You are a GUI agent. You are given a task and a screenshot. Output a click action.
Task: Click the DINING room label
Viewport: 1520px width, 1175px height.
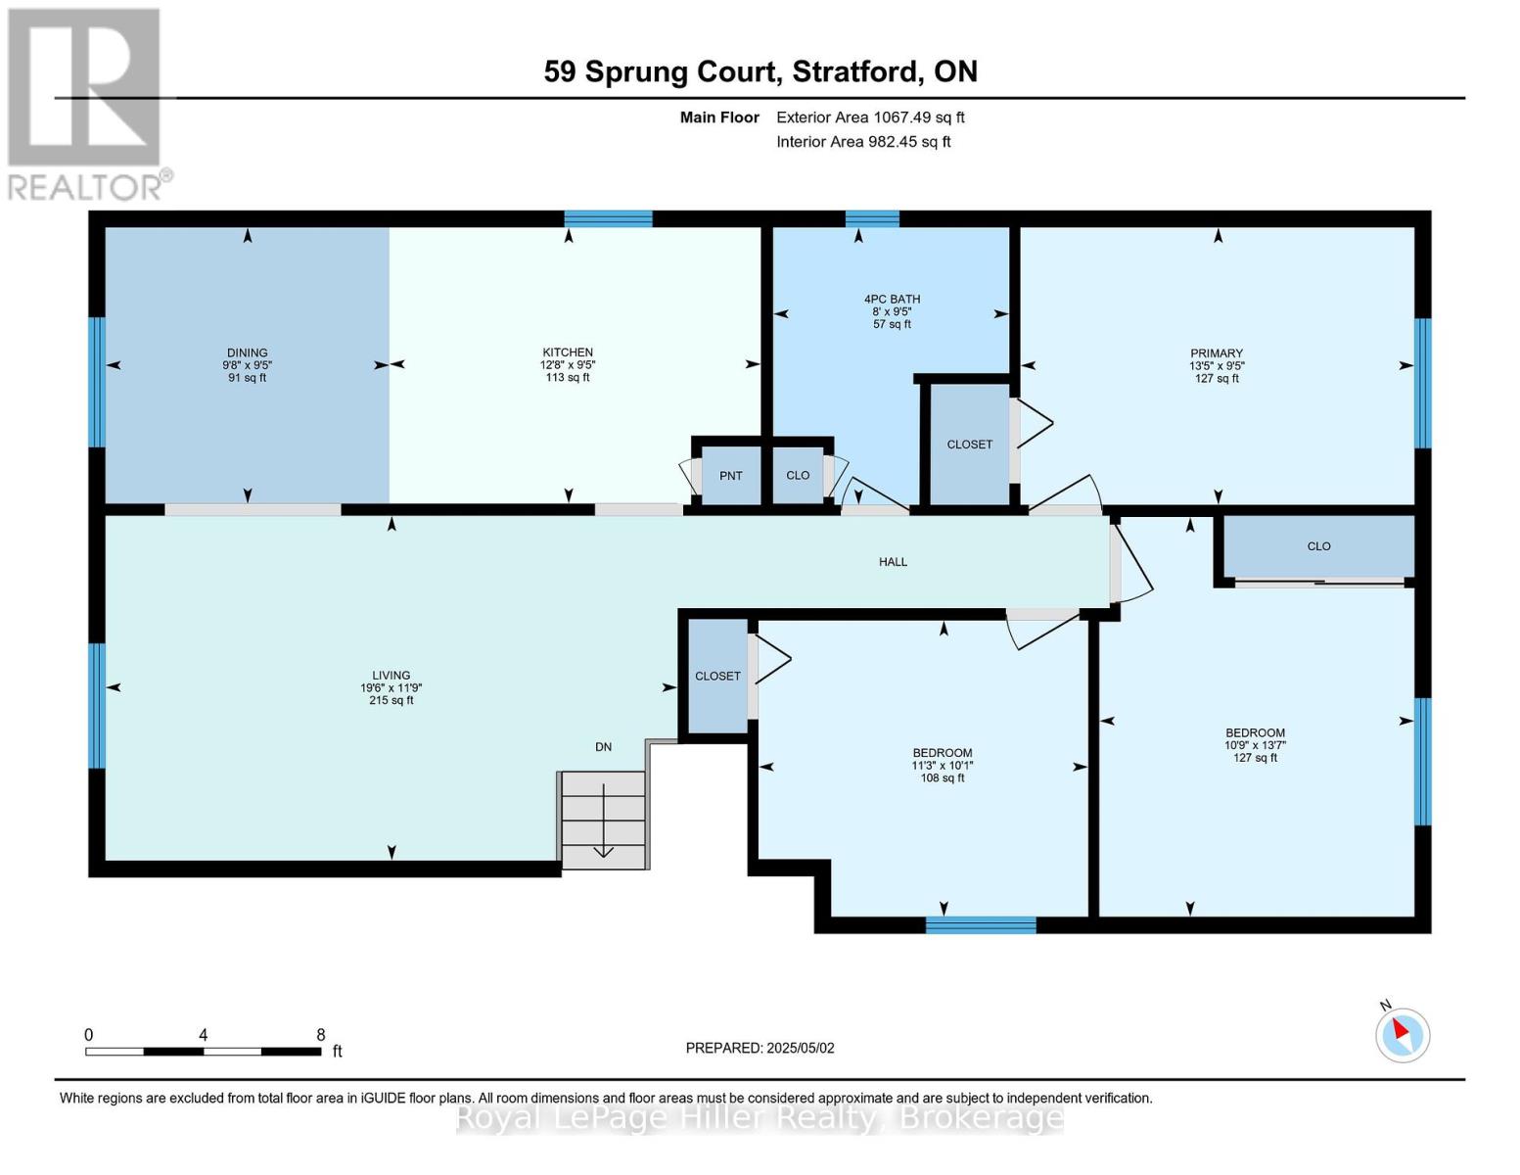[247, 352]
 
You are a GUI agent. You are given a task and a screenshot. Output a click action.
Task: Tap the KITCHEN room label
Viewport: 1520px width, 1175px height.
[568, 352]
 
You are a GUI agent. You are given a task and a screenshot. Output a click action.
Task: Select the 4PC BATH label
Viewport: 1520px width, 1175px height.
[892, 299]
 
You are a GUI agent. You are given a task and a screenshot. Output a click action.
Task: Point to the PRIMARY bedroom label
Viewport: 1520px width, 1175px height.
[1217, 352]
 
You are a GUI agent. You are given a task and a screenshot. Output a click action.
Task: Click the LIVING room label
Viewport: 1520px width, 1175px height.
[392, 675]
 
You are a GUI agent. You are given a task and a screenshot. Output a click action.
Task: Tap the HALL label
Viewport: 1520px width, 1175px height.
[893, 561]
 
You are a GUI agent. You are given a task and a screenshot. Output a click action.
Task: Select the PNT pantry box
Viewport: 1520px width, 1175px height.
[730, 475]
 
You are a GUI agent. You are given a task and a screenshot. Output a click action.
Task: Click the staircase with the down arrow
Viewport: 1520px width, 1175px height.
[603, 820]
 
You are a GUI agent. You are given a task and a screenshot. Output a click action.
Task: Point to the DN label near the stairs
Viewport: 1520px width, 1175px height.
[603, 747]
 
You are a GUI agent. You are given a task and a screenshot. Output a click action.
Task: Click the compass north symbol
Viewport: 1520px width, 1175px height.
[1402, 1034]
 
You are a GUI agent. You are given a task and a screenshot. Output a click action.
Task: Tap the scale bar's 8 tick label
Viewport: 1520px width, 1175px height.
[320, 1034]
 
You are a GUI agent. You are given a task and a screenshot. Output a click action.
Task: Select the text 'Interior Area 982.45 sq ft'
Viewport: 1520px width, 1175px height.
[863, 141]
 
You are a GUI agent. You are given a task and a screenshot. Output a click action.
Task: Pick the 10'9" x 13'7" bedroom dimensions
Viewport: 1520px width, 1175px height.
[1255, 745]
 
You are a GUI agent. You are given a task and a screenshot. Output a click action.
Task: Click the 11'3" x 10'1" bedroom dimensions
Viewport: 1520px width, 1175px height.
[943, 766]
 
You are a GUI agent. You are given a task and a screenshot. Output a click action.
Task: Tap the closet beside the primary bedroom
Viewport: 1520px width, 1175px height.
[970, 444]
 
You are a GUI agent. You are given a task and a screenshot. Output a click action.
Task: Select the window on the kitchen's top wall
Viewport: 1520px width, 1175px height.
[608, 218]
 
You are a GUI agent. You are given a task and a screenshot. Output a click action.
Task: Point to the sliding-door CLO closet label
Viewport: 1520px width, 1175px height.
[1318, 545]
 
